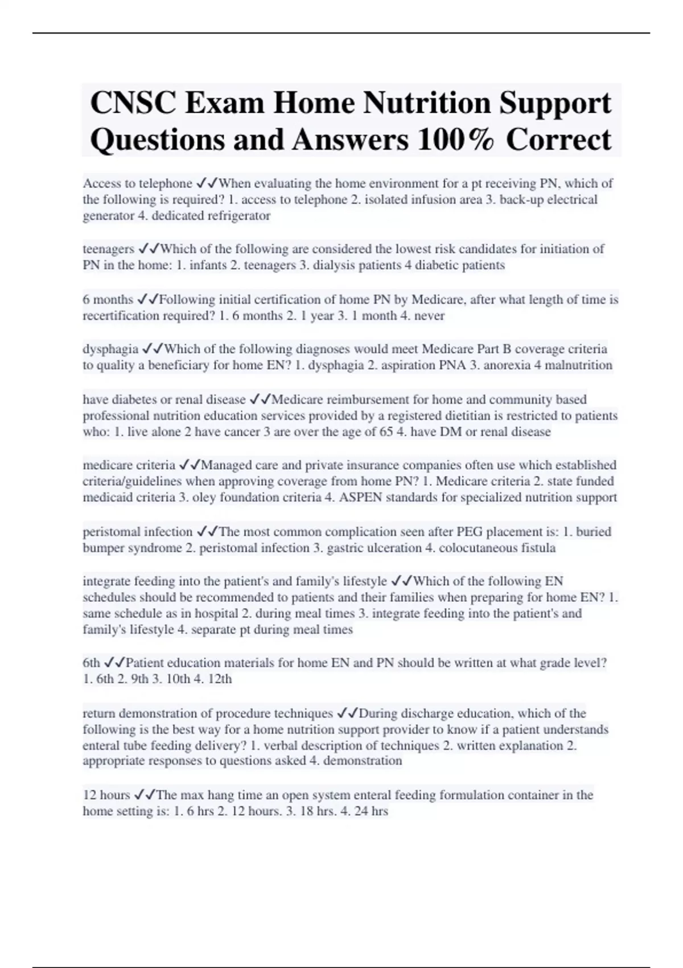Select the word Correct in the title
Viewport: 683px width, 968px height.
558,140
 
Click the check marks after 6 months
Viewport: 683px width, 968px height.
147,300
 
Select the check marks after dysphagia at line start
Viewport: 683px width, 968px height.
152,349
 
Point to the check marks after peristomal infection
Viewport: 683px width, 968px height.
207,532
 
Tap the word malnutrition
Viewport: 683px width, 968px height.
579,365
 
